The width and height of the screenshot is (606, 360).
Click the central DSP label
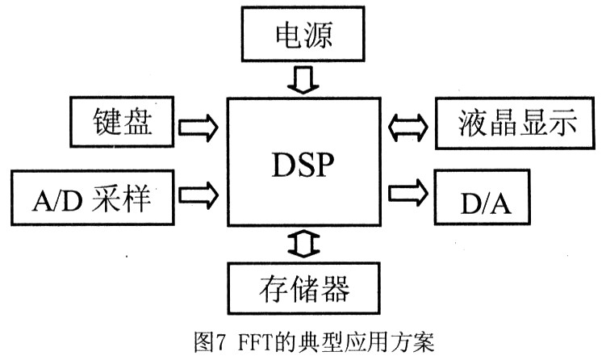coord(303,167)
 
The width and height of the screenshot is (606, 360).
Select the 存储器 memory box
coord(303,289)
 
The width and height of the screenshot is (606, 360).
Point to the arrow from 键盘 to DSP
coord(198,127)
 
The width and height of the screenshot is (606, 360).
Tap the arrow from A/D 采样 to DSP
coord(198,195)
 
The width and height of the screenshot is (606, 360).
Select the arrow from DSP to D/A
coord(408,195)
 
